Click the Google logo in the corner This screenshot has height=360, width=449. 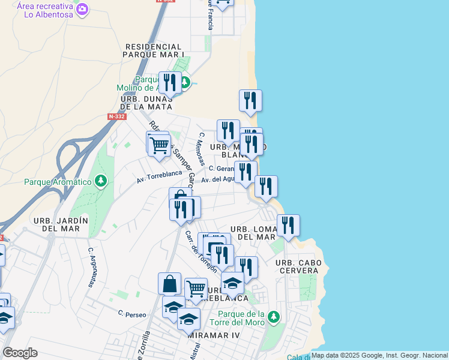[20, 352]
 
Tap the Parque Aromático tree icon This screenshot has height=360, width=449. [101, 181]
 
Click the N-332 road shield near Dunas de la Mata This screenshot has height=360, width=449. [117, 116]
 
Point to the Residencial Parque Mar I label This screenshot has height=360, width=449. [153, 50]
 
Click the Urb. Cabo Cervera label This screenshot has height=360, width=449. [298, 267]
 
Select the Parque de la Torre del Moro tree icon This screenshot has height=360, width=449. [274, 316]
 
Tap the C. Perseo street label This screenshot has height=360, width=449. [128, 313]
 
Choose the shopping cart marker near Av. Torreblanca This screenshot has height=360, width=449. [159, 145]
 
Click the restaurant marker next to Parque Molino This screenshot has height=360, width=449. [170, 83]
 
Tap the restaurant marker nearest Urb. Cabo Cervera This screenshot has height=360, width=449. [288, 226]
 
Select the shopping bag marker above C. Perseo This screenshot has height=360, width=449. [170, 284]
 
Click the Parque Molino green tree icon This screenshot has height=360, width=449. [185, 82]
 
